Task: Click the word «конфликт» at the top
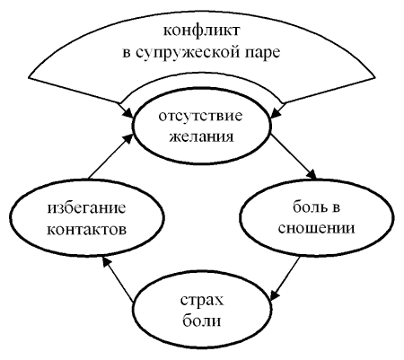coord(201,31)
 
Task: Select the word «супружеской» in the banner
coord(189,53)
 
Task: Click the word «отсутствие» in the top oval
coord(200,116)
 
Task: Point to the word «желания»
coord(202,136)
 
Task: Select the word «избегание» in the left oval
coord(86,208)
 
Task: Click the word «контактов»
coord(87,230)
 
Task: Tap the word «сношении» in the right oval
coord(316,228)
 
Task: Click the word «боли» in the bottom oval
coord(202,320)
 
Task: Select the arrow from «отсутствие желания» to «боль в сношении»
coord(294,156)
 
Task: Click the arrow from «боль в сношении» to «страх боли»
coord(285,277)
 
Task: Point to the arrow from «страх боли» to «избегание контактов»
coord(118,278)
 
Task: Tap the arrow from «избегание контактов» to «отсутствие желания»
coord(111,156)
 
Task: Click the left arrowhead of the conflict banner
coord(128,114)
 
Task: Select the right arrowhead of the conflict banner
coord(276,114)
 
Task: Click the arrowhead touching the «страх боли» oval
coord(276,293)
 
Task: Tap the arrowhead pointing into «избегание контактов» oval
coord(106,262)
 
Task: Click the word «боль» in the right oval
coord(305,206)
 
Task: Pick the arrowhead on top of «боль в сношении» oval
coord(312,174)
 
